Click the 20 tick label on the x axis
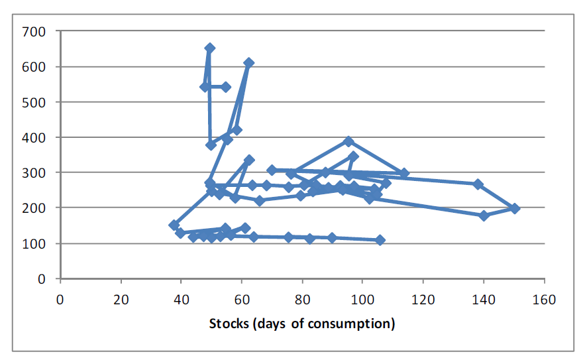121,298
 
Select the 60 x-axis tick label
242,298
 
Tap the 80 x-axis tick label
303,298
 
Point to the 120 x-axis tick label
423,298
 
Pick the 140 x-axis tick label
484,298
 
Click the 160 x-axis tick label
544,298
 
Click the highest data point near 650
209,48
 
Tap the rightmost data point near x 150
515,208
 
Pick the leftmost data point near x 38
174,225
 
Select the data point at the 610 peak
248,63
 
